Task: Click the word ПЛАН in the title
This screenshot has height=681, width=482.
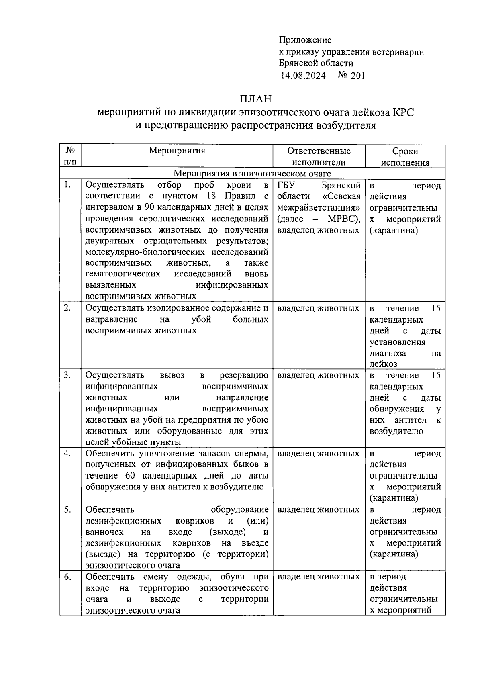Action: tap(255, 98)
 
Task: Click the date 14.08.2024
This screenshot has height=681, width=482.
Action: tap(303, 75)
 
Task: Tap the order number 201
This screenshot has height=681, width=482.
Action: tap(357, 75)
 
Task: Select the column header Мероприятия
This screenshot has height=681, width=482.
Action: tap(177, 151)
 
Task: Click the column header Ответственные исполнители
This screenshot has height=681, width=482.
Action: tap(319, 156)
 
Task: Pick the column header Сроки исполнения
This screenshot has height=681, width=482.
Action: tap(405, 156)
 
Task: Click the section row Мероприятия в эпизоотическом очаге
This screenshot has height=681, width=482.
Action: tap(252, 174)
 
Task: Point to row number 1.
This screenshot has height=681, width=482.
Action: tap(67, 185)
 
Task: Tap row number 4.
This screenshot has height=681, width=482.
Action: tap(67, 454)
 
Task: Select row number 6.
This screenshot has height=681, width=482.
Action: tap(67, 577)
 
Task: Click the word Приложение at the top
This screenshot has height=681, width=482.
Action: tap(305, 40)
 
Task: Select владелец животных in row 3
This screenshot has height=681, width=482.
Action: tap(318, 375)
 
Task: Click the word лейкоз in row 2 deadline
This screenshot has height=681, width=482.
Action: tap(383, 364)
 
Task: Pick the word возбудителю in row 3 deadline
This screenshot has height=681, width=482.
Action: tap(396, 431)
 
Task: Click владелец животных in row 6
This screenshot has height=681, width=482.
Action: tap(318, 577)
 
